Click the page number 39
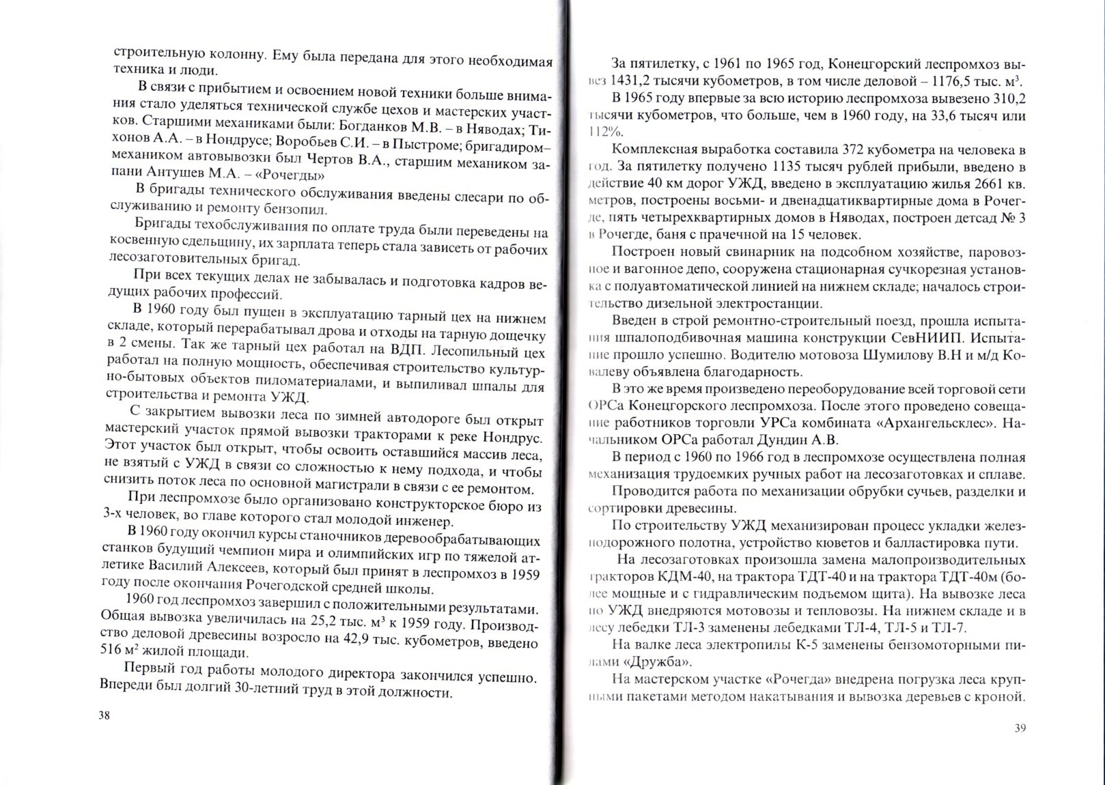click(x=1020, y=728)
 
